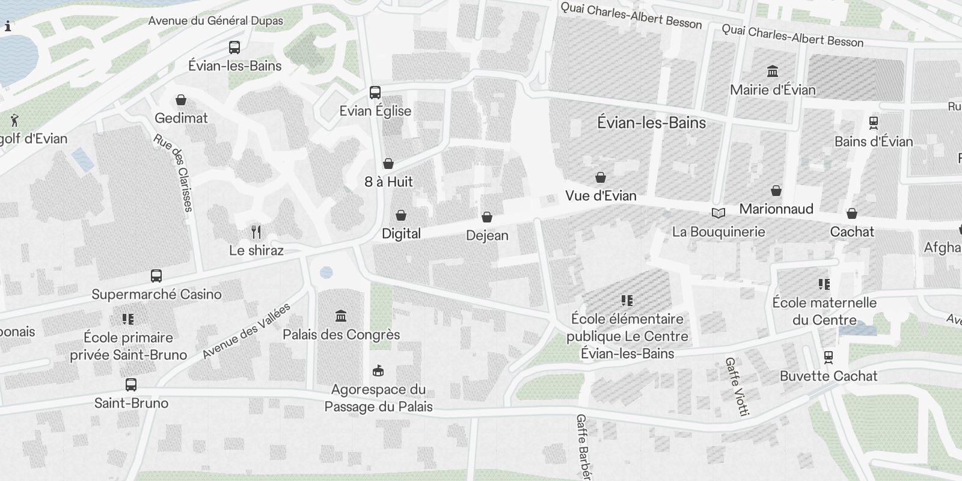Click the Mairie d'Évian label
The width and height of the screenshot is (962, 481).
[x=773, y=90]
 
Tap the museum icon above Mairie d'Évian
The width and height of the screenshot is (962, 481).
[x=773, y=72]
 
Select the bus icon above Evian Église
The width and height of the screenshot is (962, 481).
[x=375, y=93]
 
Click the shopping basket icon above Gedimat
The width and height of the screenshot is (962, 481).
[x=181, y=100]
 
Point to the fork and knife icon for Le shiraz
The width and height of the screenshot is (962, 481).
[x=256, y=232]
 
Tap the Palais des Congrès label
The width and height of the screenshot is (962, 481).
[x=341, y=334]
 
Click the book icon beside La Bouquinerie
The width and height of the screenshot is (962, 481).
[x=718, y=213]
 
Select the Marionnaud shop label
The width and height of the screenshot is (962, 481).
[x=776, y=209]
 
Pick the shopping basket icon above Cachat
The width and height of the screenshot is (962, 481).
[x=852, y=213]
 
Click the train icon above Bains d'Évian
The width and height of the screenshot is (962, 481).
[x=874, y=123]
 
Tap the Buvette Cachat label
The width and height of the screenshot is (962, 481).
[x=829, y=376]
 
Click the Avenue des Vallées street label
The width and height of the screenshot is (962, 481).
[x=247, y=331]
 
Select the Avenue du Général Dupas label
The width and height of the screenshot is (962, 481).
[x=215, y=21]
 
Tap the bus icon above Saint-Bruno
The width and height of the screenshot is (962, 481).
[x=131, y=385]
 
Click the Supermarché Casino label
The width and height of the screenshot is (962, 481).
[x=156, y=294]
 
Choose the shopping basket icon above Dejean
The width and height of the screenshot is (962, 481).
[x=487, y=217]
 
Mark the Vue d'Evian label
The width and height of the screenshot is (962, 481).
[x=601, y=196]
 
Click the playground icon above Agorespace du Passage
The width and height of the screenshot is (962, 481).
[x=378, y=370]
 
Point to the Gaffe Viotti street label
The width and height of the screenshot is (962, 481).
[x=737, y=387]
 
